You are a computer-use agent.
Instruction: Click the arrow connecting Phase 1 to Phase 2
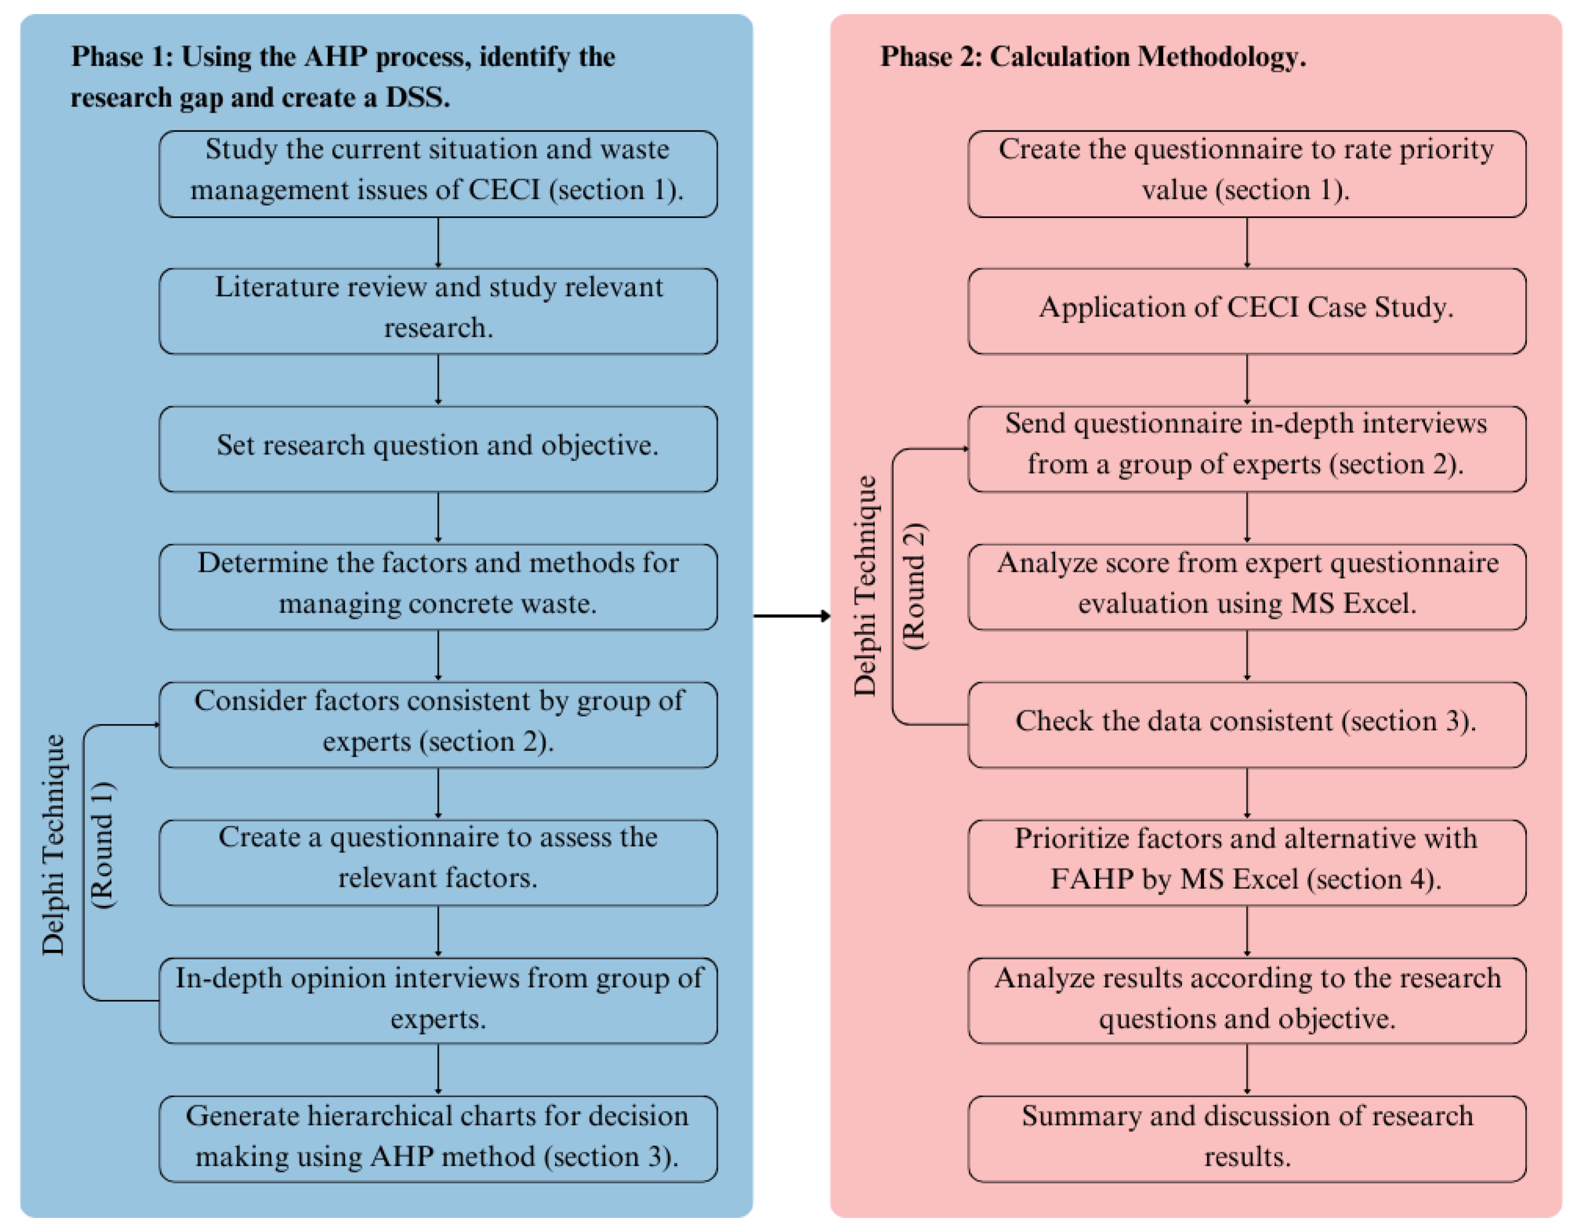click(791, 615)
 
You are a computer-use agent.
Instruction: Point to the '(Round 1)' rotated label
click(102, 845)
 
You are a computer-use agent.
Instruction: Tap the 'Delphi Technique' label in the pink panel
click(865, 587)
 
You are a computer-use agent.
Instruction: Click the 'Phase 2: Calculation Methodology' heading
click(1092, 56)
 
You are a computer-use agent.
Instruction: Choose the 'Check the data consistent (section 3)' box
click(1246, 724)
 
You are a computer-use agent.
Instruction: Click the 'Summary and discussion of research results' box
click(1246, 1139)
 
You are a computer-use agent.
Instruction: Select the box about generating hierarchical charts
click(438, 1139)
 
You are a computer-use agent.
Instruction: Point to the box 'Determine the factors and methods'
click(438, 587)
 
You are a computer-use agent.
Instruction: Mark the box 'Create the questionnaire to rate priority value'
click(1246, 173)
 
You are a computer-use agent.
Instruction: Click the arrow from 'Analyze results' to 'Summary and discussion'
click(1247, 1069)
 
